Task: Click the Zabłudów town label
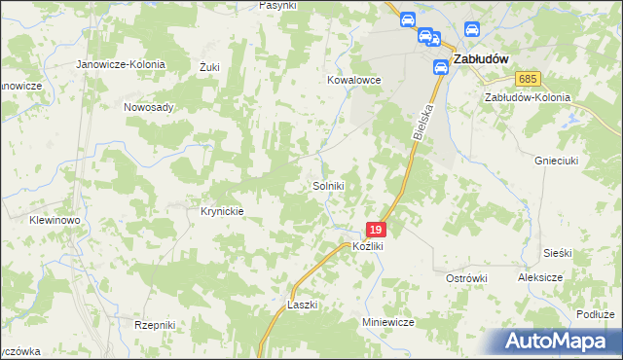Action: click(483, 58)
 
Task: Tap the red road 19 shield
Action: click(377, 230)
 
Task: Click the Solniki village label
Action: click(328, 185)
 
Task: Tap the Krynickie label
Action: click(221, 210)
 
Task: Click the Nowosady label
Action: click(148, 107)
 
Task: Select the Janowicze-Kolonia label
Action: click(122, 64)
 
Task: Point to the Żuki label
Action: click(209, 67)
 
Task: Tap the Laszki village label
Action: click(303, 305)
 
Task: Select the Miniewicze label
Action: click(388, 321)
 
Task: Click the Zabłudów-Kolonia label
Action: click(527, 98)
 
